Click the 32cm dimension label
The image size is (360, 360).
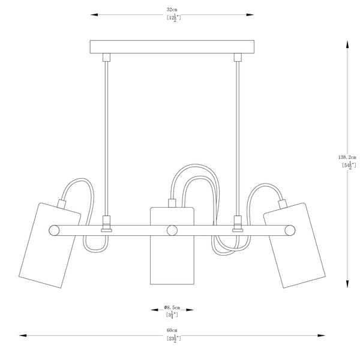172,10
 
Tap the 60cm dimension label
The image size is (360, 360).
172,331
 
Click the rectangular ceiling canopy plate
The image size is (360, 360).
172,47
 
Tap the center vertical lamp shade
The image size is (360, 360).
172,246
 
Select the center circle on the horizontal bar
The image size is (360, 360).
172,229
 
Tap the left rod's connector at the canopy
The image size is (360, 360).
107,57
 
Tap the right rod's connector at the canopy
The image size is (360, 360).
238,57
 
